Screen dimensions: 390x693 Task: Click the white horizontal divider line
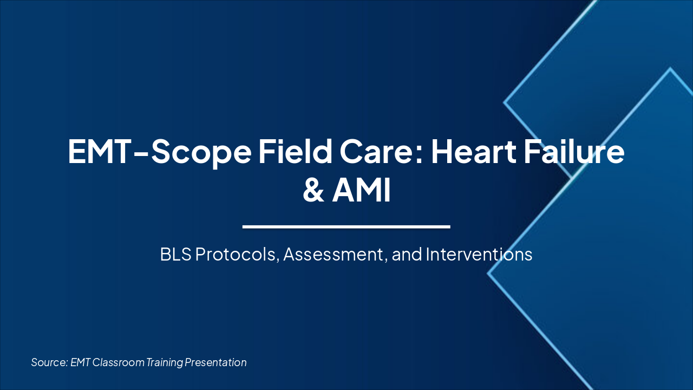346,226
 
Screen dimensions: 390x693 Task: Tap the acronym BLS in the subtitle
175,255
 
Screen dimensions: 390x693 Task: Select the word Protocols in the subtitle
237,255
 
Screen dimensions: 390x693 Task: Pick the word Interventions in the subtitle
479,255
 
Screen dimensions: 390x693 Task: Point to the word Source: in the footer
49,362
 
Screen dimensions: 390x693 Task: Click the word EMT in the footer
81,362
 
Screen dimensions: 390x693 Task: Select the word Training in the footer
165,362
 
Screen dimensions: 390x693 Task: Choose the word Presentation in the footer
216,362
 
